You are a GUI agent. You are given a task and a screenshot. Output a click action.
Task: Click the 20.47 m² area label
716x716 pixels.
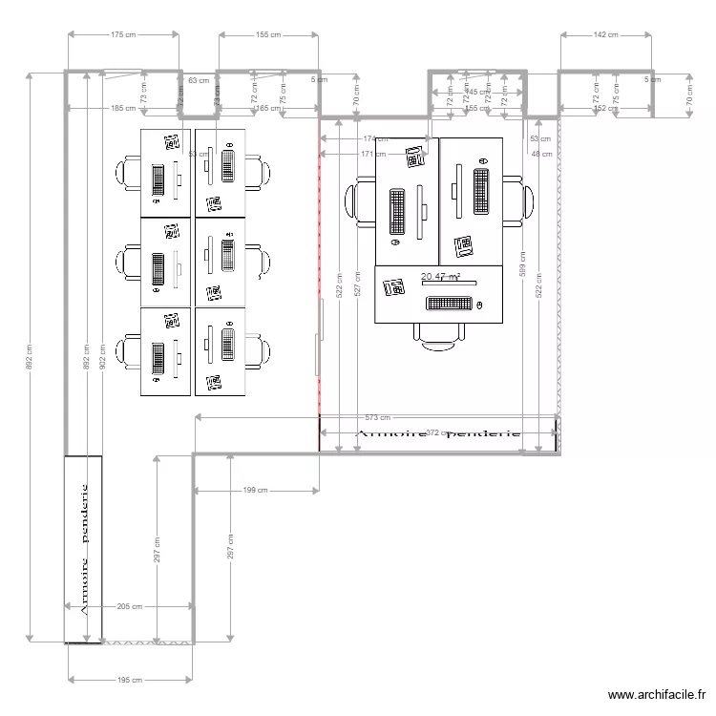click(x=440, y=277)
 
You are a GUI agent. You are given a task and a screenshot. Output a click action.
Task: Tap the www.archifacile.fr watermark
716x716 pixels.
click(x=657, y=696)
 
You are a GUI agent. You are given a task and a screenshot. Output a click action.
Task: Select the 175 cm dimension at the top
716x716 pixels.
click(x=123, y=35)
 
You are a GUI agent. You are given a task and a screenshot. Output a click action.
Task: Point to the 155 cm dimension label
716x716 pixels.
click(x=268, y=35)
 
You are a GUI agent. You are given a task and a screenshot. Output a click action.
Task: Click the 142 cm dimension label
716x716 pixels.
click(x=606, y=35)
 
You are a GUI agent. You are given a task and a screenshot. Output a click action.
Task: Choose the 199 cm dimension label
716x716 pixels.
click(x=255, y=491)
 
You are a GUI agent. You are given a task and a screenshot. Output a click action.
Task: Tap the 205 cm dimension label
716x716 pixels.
click(x=130, y=606)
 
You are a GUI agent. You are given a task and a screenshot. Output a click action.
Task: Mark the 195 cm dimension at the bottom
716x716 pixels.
click(x=130, y=680)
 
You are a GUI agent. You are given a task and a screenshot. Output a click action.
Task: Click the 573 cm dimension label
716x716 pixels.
click(x=377, y=418)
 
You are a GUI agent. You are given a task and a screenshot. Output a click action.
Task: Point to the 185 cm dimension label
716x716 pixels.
click(x=123, y=108)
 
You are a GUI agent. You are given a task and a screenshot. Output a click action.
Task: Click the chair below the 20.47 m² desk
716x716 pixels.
click(x=439, y=334)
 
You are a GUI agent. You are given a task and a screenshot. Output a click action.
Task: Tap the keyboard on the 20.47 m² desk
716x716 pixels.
click(x=449, y=305)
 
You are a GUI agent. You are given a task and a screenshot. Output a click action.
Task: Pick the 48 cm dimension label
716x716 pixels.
click(x=541, y=154)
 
